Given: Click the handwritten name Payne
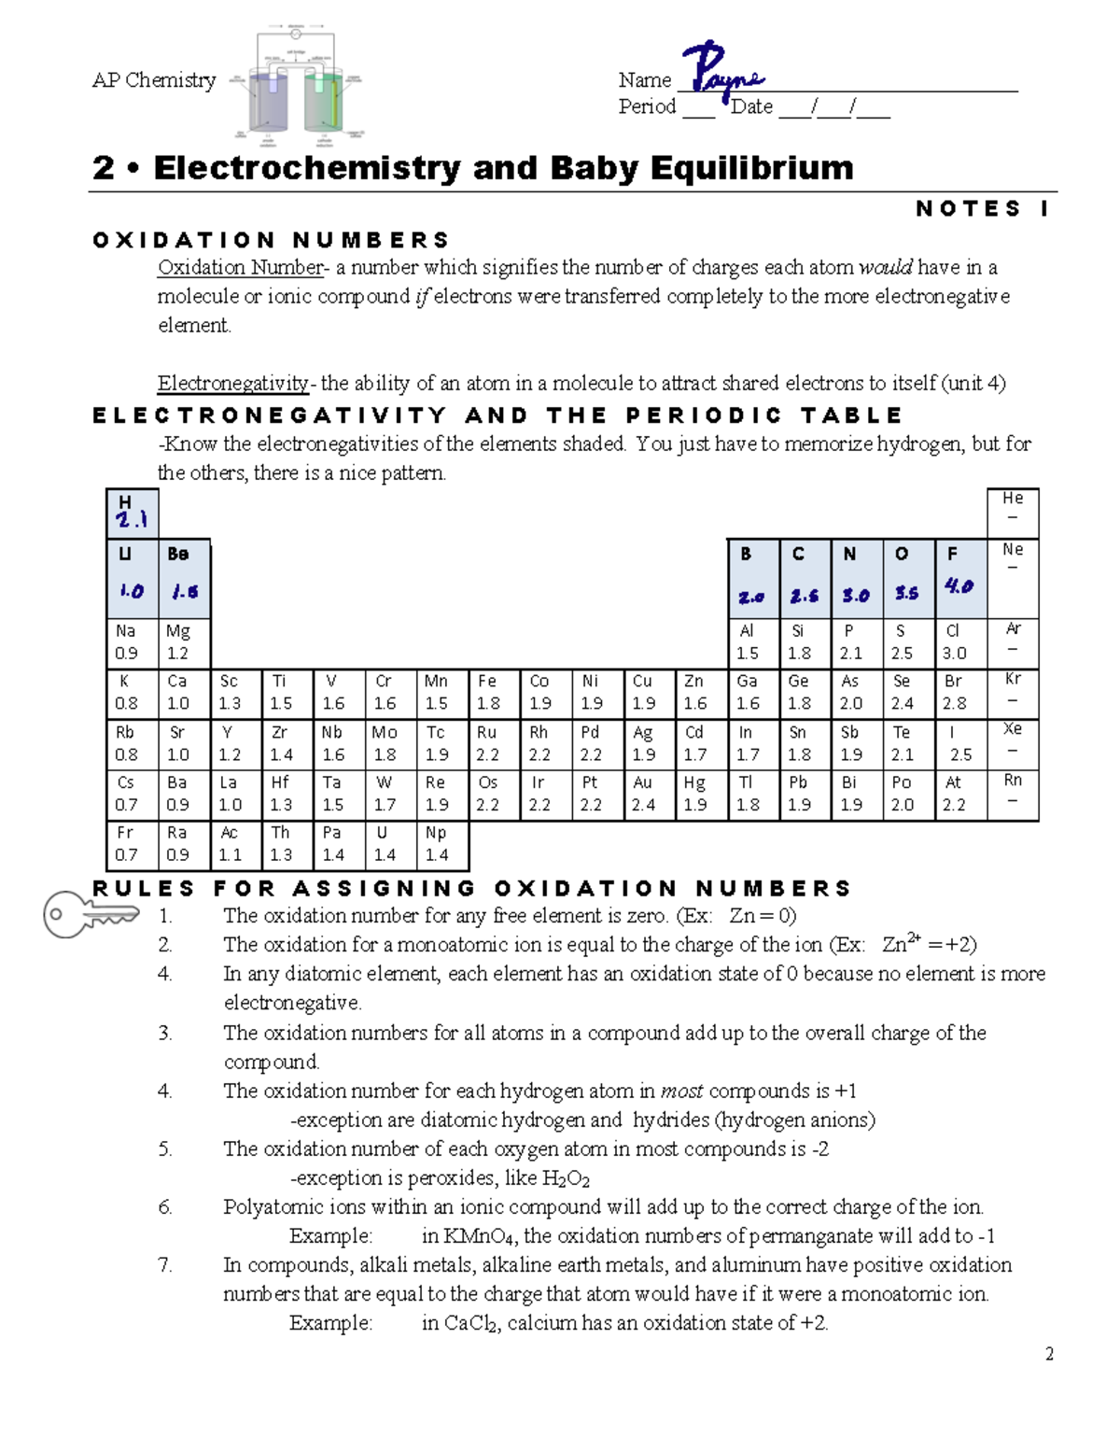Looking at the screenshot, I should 722,71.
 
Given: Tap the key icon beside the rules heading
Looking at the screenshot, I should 89,914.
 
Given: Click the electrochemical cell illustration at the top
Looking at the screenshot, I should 296,86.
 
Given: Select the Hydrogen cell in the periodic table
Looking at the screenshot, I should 132,513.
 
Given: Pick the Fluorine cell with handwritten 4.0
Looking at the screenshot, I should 960,577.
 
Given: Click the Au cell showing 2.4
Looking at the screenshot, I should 649,795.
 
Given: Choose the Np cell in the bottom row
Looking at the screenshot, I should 441,844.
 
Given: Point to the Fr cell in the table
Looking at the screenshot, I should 132,844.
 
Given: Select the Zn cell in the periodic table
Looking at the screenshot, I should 700,693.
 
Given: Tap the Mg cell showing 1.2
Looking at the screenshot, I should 184,642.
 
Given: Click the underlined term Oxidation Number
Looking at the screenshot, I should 240,268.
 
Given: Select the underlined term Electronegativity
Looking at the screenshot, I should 233,384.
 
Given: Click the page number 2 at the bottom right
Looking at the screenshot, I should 1049,1354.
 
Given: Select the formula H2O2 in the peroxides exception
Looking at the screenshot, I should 566,1179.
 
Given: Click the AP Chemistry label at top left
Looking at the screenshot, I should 154,81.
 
